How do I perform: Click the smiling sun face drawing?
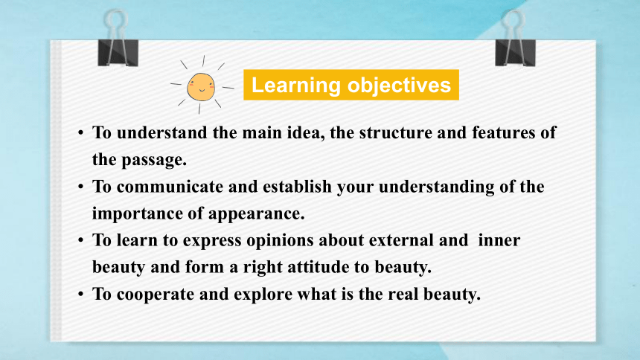(x=201, y=86)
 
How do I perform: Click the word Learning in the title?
(x=296, y=85)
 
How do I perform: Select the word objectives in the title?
(x=399, y=85)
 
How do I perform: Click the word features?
(x=504, y=132)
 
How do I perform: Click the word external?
(x=401, y=240)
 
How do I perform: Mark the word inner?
(x=499, y=240)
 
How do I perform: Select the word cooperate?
(x=156, y=295)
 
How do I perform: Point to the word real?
(x=403, y=294)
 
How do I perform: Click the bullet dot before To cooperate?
(x=81, y=294)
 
